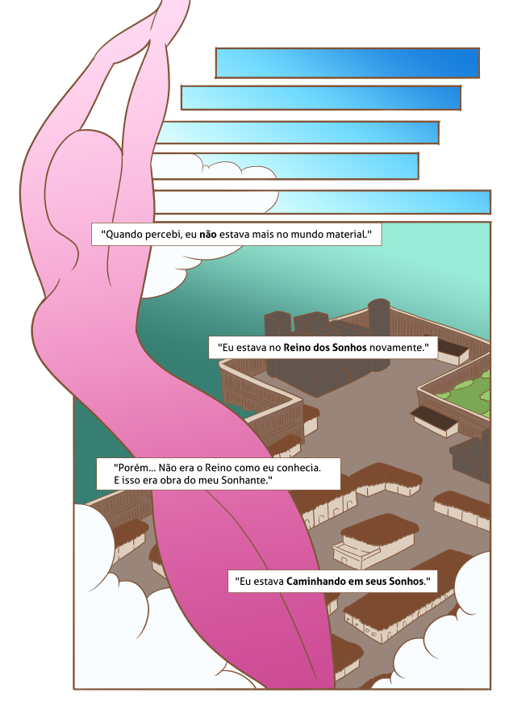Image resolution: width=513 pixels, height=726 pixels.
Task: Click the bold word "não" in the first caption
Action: click(208, 234)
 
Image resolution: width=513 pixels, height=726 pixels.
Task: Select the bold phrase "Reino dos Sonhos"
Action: click(325, 347)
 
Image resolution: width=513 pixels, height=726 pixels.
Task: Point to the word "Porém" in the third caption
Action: click(131, 468)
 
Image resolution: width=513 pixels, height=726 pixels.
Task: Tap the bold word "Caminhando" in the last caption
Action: click(315, 581)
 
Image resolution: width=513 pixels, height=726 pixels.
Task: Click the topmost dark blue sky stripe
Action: click(348, 62)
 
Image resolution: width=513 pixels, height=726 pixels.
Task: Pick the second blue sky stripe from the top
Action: click(321, 98)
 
